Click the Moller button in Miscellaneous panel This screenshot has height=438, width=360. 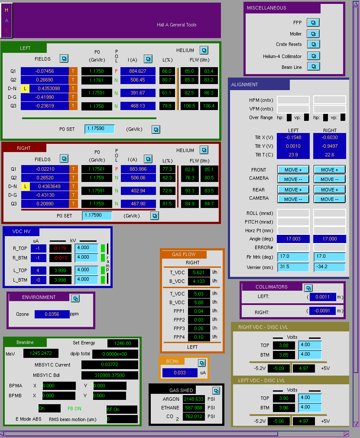tap(313, 34)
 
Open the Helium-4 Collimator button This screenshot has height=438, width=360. tap(313, 56)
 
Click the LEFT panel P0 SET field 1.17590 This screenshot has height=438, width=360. tap(100, 129)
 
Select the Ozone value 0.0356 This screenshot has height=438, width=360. tap(52, 314)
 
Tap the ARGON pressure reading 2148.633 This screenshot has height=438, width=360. tap(194, 399)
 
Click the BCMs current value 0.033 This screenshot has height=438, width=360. tap(180, 373)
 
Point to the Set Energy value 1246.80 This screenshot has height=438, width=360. tap(123, 343)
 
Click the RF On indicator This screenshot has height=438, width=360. tap(122, 409)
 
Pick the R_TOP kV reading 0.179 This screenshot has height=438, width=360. tap(60, 248)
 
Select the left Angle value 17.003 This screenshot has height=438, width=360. tap(293, 239)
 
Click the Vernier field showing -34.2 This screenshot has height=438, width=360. tap(330, 267)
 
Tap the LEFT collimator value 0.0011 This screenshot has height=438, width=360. tap(323, 297)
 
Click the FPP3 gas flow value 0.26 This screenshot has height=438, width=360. tap(199, 328)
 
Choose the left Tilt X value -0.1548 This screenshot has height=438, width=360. tap(293, 137)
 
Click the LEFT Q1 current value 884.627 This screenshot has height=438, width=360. tap(138, 71)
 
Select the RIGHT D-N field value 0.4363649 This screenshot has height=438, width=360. tap(49, 186)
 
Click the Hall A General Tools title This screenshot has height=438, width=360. tap(176, 25)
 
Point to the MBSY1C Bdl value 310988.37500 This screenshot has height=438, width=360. tap(110, 375)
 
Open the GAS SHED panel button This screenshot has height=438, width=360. tap(216, 390)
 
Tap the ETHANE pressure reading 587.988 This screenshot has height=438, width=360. tap(194, 408)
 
